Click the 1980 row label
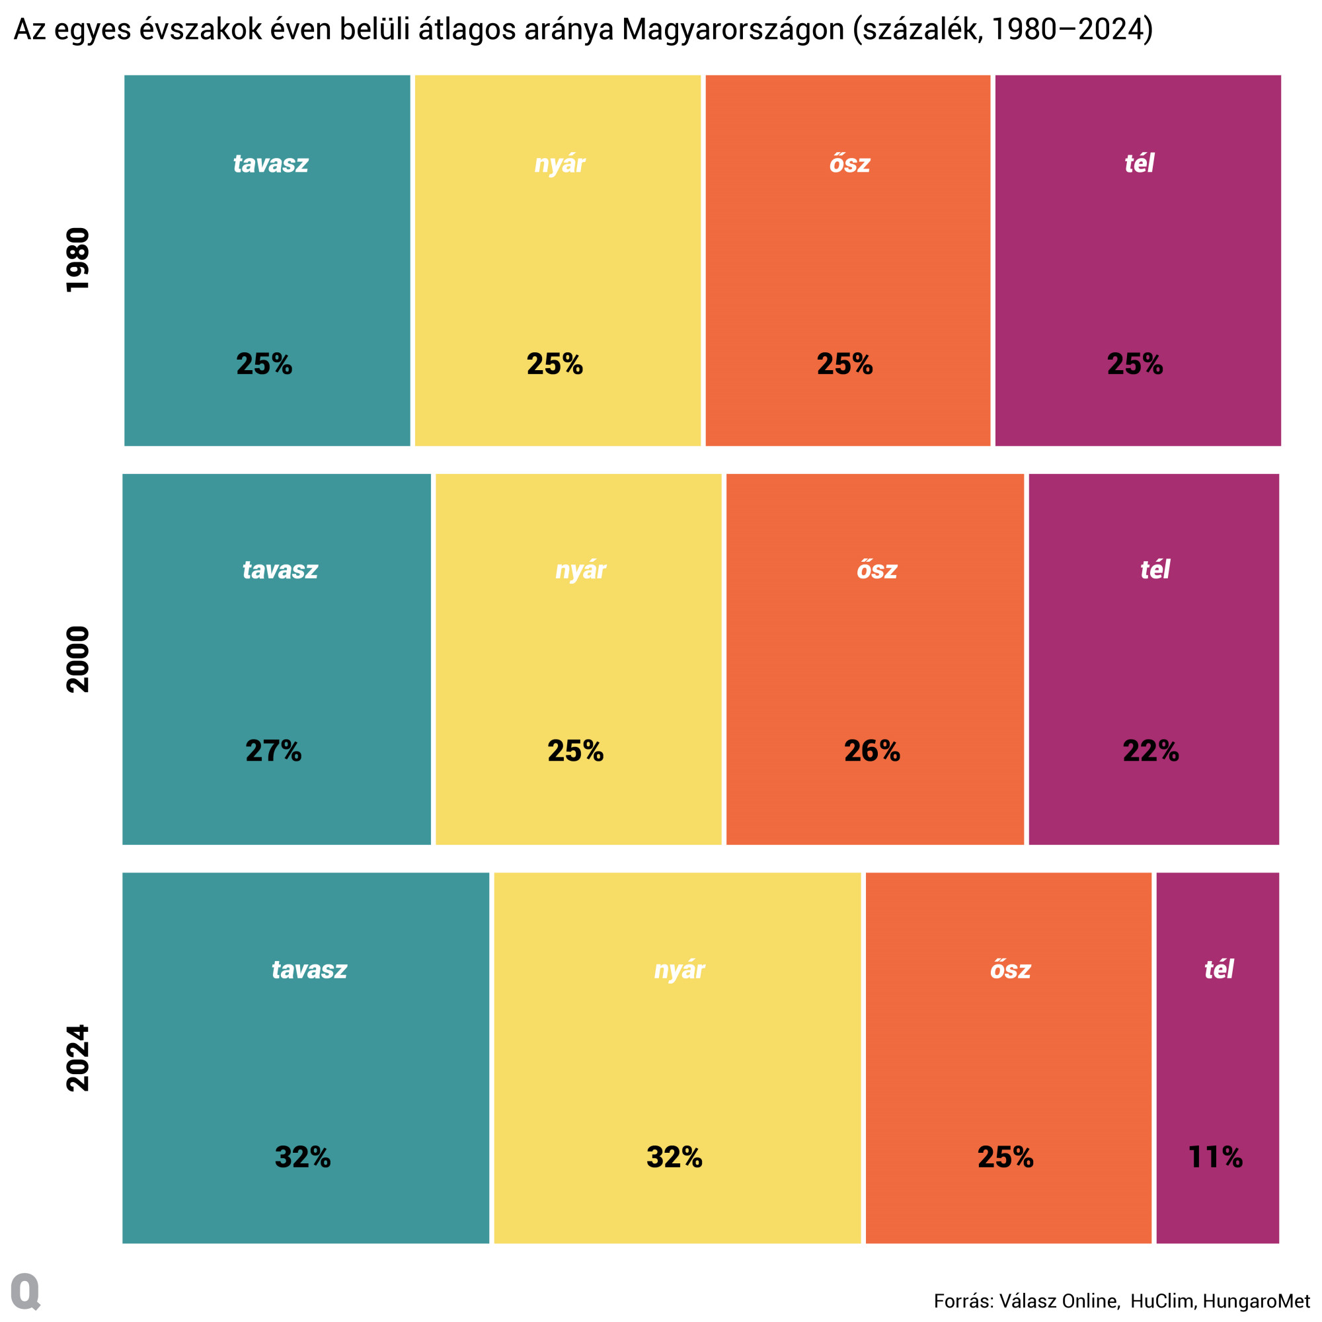coord(77,260)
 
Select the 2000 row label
coord(77,659)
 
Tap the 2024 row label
coord(77,1058)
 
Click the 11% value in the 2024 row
coord(1216,1157)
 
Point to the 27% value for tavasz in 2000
coord(273,751)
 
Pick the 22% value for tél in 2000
coord(1151,751)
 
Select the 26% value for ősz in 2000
coord(872,751)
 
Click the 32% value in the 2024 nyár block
coord(674,1157)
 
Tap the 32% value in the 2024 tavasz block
coord(303,1157)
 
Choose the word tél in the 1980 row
coord(1139,163)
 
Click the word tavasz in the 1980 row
coord(270,163)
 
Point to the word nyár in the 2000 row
coord(580,570)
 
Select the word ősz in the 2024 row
coord(1010,969)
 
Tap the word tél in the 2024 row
coord(1218,969)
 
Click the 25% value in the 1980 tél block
coord(1134,364)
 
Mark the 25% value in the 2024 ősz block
coord(1005,1157)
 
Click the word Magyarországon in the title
coord(733,30)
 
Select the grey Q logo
coord(26,1291)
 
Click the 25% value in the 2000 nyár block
coord(575,751)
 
